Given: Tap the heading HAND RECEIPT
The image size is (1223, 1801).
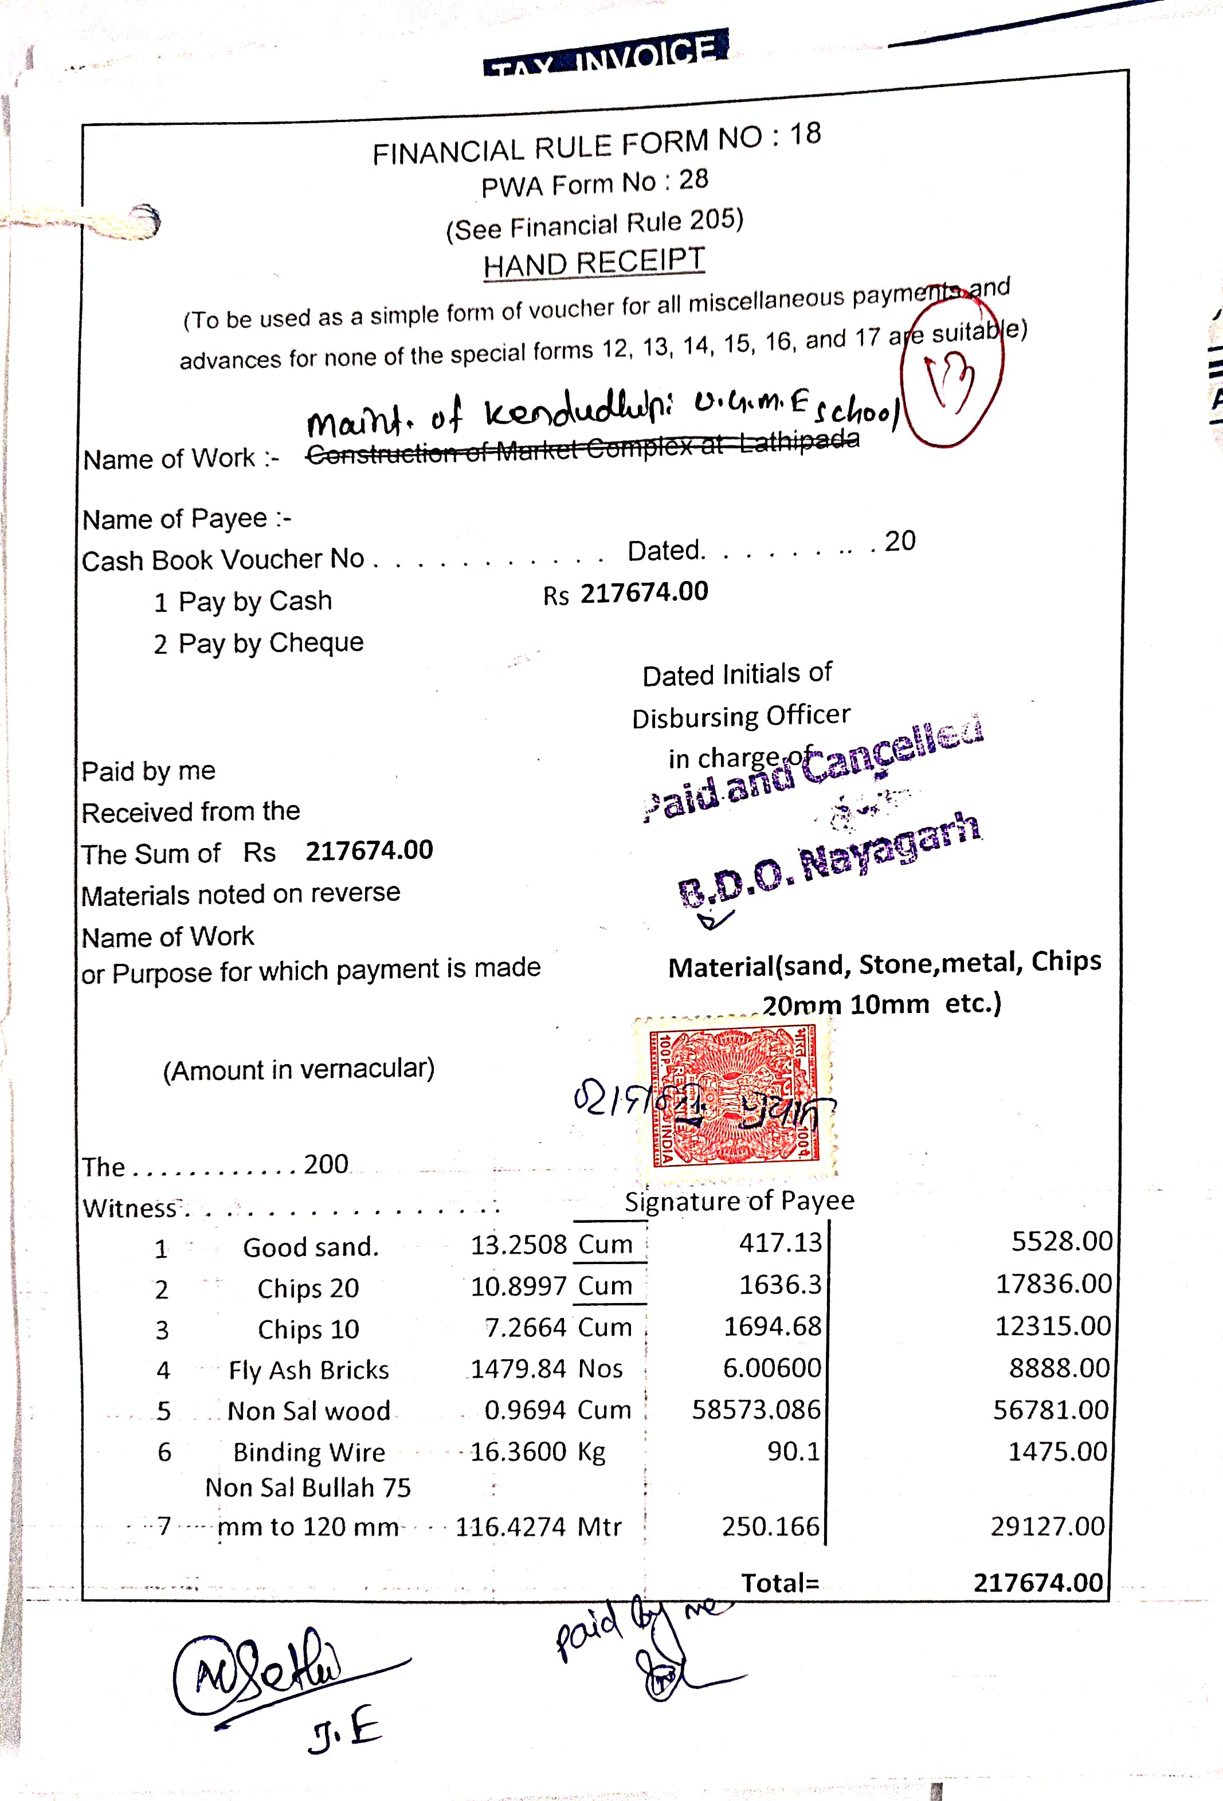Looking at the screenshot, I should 594,262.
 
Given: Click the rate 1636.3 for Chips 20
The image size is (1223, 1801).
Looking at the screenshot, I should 779,1284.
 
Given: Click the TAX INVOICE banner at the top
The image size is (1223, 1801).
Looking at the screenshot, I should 605,55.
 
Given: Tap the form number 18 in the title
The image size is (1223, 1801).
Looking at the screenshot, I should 805,134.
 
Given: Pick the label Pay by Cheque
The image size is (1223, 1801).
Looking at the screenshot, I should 271,642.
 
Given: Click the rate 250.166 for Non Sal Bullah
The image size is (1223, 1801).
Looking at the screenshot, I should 770,1526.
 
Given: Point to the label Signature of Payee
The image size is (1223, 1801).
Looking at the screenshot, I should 739,1200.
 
